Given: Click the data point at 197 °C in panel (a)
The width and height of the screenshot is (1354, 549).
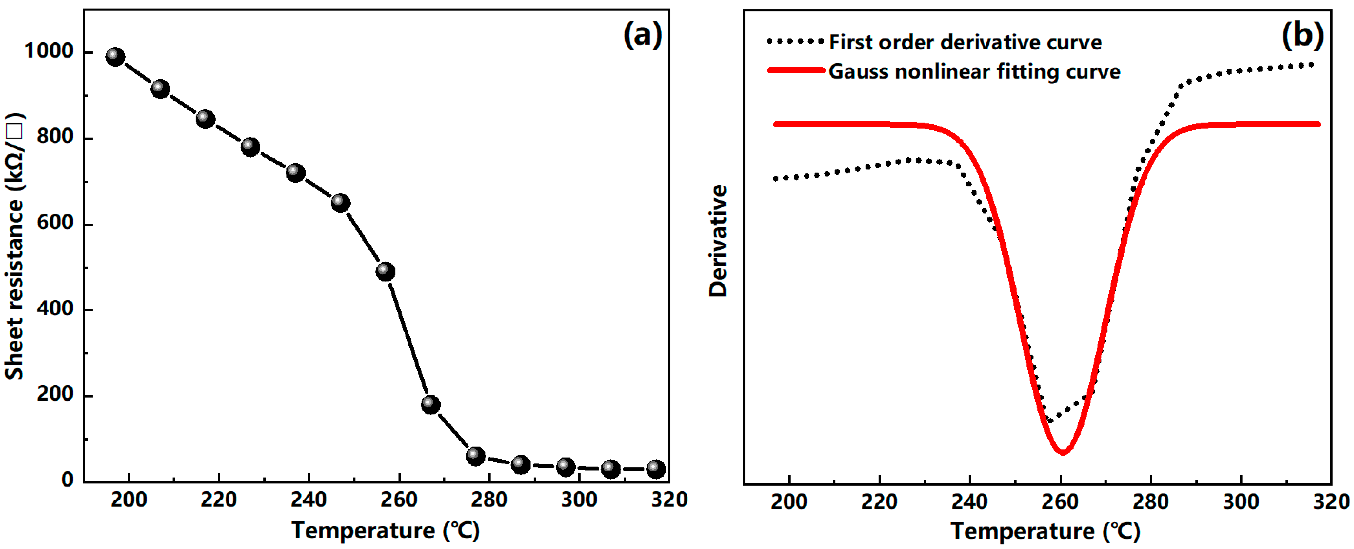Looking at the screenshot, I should point(115,56).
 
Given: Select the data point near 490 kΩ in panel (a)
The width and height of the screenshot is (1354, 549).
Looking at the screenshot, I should point(385,272).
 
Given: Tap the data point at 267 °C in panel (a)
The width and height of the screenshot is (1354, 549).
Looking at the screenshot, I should point(430,404).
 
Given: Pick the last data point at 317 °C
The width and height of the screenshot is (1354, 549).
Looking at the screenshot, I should point(655,469).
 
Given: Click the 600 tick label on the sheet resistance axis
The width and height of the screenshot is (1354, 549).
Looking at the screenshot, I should point(55,223).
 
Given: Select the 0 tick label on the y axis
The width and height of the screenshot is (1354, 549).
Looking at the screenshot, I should point(67,480).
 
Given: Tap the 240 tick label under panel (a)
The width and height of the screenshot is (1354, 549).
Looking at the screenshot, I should point(309,500).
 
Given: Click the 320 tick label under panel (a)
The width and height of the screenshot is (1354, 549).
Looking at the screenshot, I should point(669,500).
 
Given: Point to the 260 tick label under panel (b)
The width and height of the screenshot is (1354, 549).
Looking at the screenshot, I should point(1060,502).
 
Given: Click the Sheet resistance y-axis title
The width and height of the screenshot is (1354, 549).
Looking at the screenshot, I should point(15,246).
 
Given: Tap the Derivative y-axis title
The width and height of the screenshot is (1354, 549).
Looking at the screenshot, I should point(718,241).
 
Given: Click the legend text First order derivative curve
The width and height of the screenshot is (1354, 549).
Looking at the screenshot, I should point(965,42).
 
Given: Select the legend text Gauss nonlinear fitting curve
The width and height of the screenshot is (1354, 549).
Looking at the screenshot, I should point(974,71).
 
